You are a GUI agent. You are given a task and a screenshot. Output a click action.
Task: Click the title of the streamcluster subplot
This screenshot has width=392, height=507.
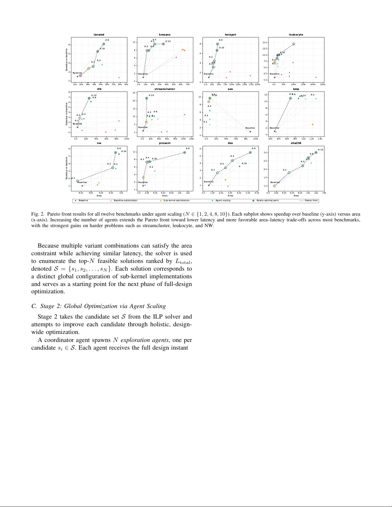(164, 89)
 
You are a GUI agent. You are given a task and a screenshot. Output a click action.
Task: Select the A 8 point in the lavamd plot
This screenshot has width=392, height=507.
(104, 44)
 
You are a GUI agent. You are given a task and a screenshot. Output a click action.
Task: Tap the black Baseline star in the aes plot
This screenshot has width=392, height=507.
(250, 131)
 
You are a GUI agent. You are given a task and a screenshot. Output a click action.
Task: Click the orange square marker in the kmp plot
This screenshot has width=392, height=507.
(312, 124)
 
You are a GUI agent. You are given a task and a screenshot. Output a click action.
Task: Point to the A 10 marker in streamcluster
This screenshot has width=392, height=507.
(147, 99)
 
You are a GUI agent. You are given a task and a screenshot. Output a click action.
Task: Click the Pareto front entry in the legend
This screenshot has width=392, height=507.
(308, 201)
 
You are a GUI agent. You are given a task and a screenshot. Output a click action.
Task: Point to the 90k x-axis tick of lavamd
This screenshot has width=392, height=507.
(126, 84)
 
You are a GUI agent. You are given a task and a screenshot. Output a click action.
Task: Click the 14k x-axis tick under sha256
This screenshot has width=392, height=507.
(324, 193)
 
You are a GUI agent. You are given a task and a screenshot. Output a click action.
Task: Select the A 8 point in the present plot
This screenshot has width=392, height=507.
(185, 153)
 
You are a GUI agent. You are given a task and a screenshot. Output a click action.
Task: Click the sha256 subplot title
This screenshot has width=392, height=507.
(296, 143)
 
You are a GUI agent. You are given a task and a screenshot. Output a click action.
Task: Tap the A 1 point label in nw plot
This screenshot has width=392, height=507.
(73, 178)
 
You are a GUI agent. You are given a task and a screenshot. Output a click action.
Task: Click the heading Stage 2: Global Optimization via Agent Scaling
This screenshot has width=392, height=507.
(99, 306)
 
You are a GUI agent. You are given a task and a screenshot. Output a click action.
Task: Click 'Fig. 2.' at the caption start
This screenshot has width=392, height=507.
(37, 214)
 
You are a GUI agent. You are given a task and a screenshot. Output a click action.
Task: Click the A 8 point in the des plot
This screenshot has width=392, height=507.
(250, 153)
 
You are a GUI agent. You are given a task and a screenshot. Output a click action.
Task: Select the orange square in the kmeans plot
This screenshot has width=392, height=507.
(185, 51)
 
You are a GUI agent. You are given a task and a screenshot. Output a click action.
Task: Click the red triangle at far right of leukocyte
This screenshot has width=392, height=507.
(316, 77)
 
